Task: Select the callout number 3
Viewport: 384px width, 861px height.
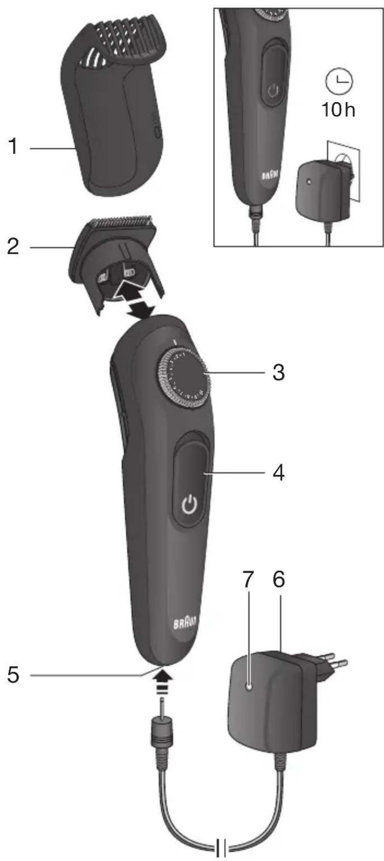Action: pyautogui.click(x=278, y=372)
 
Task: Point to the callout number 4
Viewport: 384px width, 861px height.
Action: pyautogui.click(x=278, y=473)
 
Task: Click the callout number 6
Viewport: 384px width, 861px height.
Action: pyautogui.click(x=278, y=579)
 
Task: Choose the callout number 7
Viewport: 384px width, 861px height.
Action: pyautogui.click(x=248, y=579)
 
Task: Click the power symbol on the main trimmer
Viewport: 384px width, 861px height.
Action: pyautogui.click(x=189, y=505)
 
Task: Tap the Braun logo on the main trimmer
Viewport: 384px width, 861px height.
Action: pyautogui.click(x=186, y=624)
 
